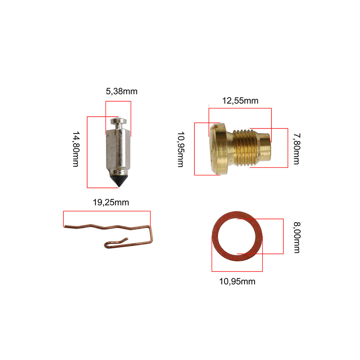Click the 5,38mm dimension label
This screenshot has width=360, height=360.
click(121, 91)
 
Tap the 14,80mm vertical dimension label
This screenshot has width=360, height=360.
click(75, 149)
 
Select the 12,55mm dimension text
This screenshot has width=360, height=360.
click(240, 100)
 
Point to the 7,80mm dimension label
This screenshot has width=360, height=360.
click(296, 148)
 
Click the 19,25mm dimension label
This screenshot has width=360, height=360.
click(111, 202)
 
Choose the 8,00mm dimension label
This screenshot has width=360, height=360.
click(296, 237)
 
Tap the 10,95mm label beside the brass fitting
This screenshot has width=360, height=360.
click(180, 149)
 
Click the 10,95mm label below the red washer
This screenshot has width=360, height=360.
click(237, 282)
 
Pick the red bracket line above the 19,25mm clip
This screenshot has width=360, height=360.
click(107, 211)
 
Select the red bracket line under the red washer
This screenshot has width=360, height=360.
click(237, 271)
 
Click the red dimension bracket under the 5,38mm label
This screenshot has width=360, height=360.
click(118, 101)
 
